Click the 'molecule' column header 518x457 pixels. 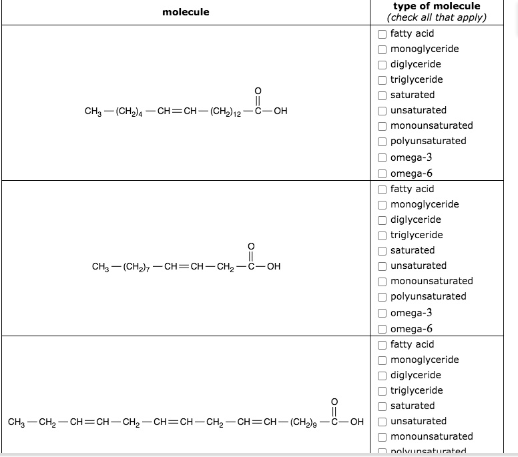point(186,12)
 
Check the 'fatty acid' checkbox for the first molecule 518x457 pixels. point(382,33)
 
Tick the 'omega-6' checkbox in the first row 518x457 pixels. point(382,174)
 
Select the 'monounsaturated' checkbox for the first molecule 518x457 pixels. point(382,125)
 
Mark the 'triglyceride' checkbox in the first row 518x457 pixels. point(382,79)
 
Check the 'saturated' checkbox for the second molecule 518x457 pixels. point(382,250)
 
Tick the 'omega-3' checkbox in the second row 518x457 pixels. point(382,313)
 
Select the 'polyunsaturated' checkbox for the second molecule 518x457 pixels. point(382,296)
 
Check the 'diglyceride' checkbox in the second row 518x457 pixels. point(382,219)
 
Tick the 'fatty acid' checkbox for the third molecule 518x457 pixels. point(382,344)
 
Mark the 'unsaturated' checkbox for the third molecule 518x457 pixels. point(382,421)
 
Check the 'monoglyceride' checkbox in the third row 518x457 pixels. point(382,360)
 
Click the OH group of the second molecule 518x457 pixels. point(272,267)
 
